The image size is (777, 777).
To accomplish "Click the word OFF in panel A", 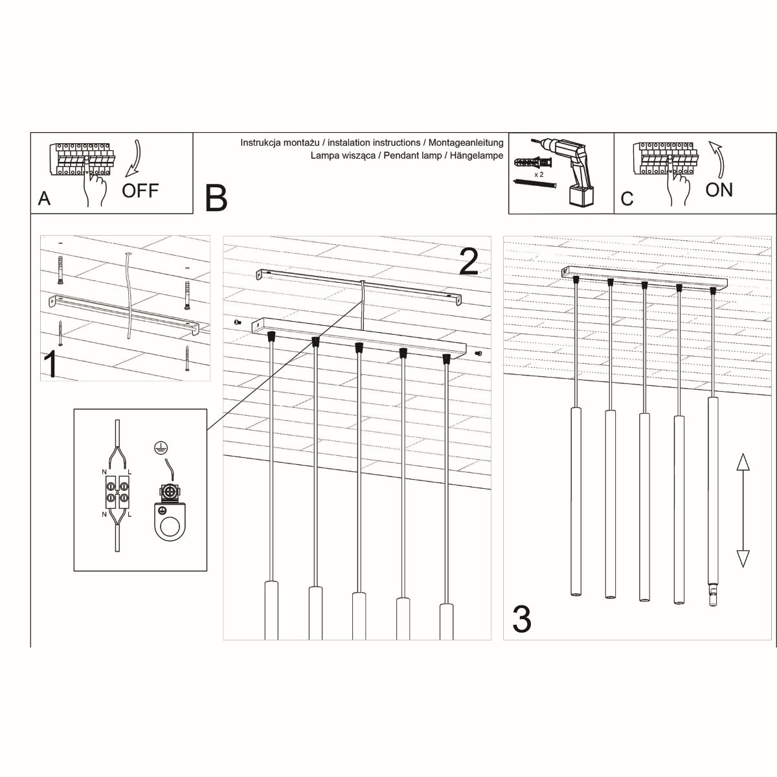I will [x=140, y=190].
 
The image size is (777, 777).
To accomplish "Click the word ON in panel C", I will [x=719, y=190].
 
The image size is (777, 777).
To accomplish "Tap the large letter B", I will [x=216, y=198].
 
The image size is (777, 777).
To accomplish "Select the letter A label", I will [x=44, y=198].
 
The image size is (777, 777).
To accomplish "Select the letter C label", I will [x=627, y=198].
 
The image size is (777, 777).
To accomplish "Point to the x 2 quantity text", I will [x=538, y=174].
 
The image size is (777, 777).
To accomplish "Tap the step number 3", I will [x=522, y=619].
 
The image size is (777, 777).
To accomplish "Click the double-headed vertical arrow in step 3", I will [x=743, y=510].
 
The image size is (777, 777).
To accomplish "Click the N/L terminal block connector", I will [x=117, y=497].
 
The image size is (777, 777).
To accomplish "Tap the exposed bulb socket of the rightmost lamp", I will [x=712, y=594].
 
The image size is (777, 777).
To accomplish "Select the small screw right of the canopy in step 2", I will [x=478, y=354].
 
